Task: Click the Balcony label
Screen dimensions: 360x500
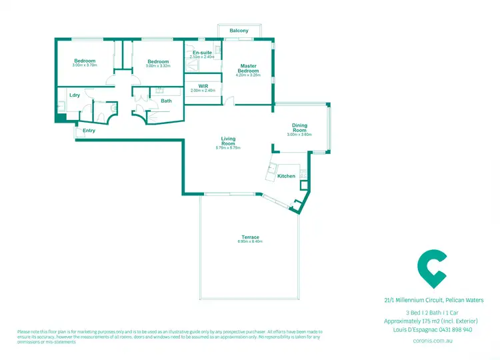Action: [x=239, y=31]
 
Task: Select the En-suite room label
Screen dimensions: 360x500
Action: [x=202, y=52]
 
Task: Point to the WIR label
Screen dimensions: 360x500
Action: [x=203, y=86]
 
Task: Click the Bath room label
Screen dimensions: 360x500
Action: [x=166, y=101]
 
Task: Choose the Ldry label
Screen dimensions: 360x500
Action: [x=75, y=95]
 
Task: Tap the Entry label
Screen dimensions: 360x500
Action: [x=89, y=131]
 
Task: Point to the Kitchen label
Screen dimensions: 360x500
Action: [x=286, y=176]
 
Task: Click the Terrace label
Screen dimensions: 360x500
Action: [x=250, y=237]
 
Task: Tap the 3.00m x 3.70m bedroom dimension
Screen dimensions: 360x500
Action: [x=85, y=66]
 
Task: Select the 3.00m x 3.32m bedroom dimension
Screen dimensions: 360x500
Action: [x=159, y=66]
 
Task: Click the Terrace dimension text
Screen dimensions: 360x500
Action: [x=250, y=242]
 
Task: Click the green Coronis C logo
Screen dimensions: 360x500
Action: [x=432, y=267]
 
